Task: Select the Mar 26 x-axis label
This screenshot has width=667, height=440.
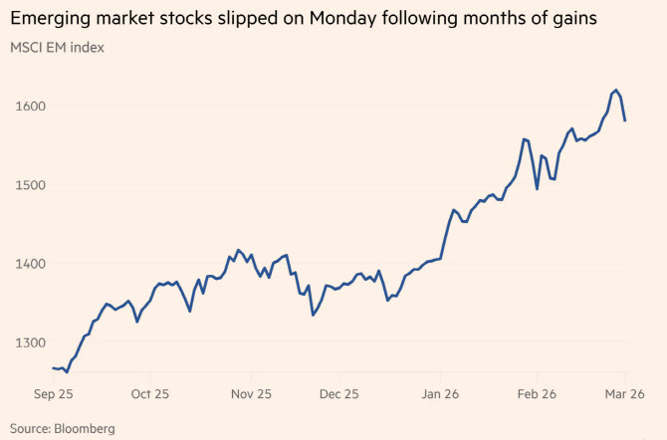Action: click(x=625, y=394)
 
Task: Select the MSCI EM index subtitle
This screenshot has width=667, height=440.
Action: click(x=57, y=47)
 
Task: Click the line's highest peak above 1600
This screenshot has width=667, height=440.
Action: click(x=616, y=90)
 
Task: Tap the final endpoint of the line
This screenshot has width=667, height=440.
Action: click(x=625, y=120)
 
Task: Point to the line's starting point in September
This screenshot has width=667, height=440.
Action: click(x=53, y=368)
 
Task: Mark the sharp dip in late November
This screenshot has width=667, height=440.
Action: click(x=314, y=315)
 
